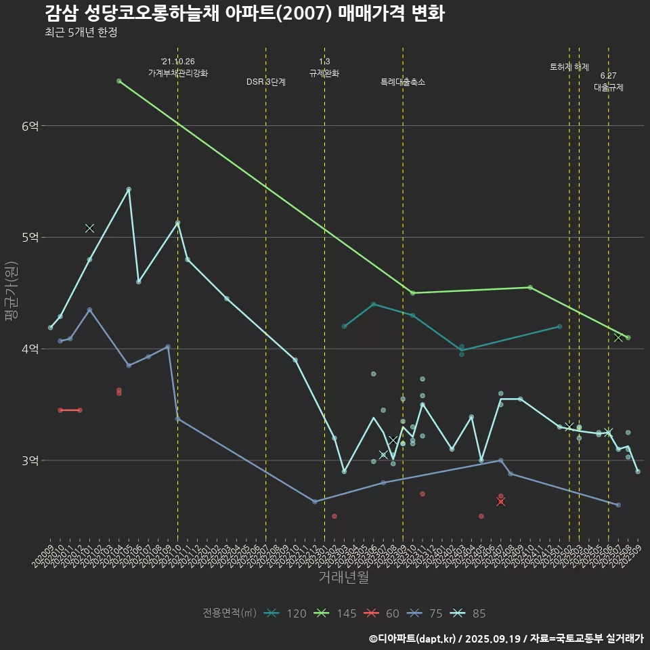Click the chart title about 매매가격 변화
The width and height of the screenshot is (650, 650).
point(244,14)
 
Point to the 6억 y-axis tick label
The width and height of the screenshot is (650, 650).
point(30,126)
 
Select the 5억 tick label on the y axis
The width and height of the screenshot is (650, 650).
point(30,237)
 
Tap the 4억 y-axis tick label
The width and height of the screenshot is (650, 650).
point(30,349)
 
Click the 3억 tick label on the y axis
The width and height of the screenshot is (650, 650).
point(30,460)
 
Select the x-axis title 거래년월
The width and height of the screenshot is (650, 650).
point(343,578)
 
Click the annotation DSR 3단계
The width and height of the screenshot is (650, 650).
point(266,82)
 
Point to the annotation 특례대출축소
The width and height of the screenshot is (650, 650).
point(403,82)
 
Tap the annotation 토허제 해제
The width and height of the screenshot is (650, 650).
point(569,67)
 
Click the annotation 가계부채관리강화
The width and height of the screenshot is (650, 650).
point(178,72)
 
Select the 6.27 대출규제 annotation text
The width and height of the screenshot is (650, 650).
point(609,81)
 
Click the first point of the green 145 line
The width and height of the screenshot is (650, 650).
point(119,81)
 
